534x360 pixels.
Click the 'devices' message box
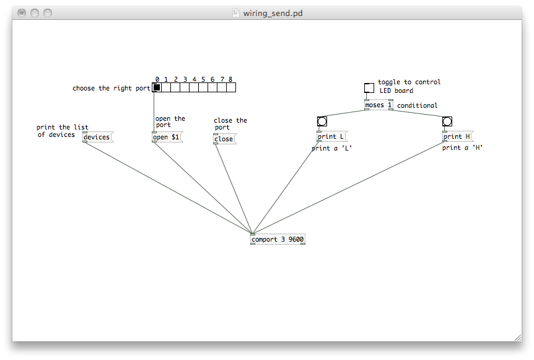pos(98,137)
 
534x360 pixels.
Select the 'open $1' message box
pos(167,137)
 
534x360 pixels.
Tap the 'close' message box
pos(225,139)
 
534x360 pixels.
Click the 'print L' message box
pos(332,136)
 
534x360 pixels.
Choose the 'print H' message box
pos(458,136)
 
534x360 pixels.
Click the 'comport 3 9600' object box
pos(278,239)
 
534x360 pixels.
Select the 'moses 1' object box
pos(379,105)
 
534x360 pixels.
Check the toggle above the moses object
pos(369,88)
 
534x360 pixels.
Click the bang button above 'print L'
pos(322,121)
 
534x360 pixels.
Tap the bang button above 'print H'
pos(447,121)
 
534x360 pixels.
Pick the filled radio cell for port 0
pos(157,87)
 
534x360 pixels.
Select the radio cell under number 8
pos(231,87)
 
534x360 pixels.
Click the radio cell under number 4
pos(194,87)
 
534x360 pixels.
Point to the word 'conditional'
pos(417,105)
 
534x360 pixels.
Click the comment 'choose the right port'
pos(112,88)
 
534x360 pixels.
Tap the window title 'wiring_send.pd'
pos(273,13)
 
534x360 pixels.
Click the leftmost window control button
pos(22,13)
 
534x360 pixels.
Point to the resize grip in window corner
pos(518,338)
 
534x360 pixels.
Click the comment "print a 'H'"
pos(463,147)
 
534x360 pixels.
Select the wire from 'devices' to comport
pos(169,188)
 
